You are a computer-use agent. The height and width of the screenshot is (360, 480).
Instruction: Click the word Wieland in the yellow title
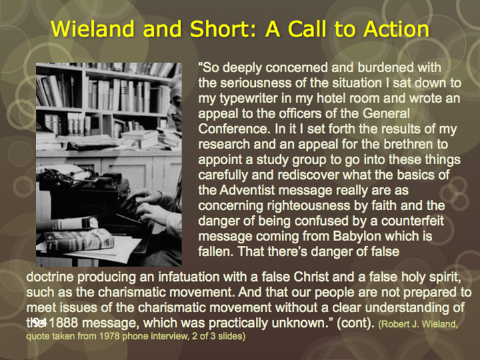pos(93,29)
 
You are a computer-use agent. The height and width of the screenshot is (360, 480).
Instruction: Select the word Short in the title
pos(219,29)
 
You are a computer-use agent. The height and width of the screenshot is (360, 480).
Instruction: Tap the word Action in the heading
pos(396,29)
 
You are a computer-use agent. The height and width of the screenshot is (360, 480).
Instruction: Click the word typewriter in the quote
pos(248,99)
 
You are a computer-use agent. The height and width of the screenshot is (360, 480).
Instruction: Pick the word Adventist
pos(247,190)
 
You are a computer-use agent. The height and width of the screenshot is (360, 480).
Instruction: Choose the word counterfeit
pos(412,221)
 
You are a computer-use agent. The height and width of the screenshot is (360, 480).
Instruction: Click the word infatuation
pos(188,277)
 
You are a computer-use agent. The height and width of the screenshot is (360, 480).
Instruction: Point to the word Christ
pos(311,277)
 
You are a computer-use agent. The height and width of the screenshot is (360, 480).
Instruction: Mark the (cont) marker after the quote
pos(355,324)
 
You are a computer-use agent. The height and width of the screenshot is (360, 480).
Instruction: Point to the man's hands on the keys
pos(147,204)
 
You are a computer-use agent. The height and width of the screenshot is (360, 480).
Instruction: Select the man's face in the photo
pos(175,109)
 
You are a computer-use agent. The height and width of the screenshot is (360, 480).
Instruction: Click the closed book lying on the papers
pos(79,240)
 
